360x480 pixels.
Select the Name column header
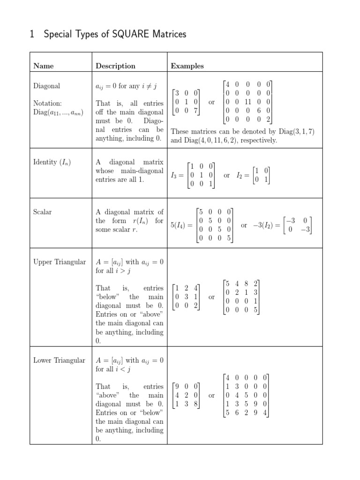pyautogui.click(x=44, y=66)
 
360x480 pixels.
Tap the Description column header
pyautogui.click(x=115, y=66)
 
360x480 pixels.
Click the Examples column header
pyautogui.click(x=187, y=66)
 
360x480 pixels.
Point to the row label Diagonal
pyautogui.click(x=47, y=86)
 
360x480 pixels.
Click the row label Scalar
pyautogui.click(x=43, y=212)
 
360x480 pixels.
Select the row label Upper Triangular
pyautogui.click(x=60, y=262)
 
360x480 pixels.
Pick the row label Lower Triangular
pyautogui.click(x=60, y=360)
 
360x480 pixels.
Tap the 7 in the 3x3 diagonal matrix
pyautogui.click(x=195, y=111)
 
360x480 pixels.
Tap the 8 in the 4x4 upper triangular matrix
pyautogui.click(x=247, y=284)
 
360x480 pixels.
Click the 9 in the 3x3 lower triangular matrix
pyautogui.click(x=176, y=387)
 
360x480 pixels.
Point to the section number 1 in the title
pyautogui.click(x=32, y=34)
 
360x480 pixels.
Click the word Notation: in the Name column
pyautogui.click(x=47, y=104)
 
